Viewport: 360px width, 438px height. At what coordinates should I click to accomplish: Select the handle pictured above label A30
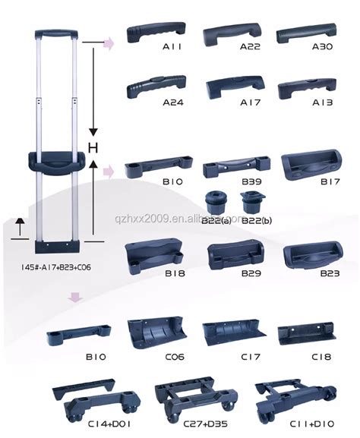306,34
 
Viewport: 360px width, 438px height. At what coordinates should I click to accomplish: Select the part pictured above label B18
154,254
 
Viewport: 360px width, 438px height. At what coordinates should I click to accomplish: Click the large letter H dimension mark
93,146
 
